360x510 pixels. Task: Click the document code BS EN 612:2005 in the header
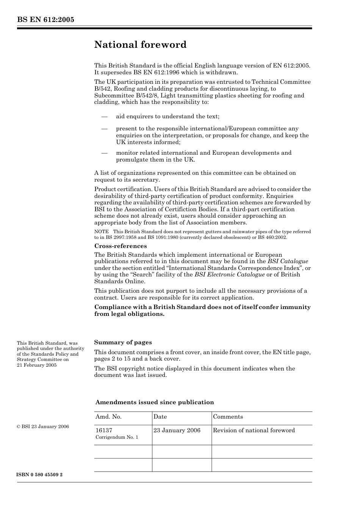click(45, 20)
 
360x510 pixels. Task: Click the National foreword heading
click(140, 45)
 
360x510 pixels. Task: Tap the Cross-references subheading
click(121, 246)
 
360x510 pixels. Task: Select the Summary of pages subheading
click(123, 342)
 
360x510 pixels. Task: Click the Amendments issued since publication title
click(154, 402)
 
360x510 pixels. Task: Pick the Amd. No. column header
click(108, 417)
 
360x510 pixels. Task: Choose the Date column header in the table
click(160, 417)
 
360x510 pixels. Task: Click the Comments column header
click(228, 417)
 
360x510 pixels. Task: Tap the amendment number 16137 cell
click(104, 430)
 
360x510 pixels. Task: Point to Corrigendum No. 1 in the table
click(117, 437)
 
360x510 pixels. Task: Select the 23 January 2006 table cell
click(177, 430)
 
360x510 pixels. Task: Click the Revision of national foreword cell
click(254, 430)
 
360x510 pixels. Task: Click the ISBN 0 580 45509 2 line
click(40, 475)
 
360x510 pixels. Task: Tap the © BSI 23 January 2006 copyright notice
click(43, 427)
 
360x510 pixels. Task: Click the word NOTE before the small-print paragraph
click(101, 232)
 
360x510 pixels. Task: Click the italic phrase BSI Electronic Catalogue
click(229, 275)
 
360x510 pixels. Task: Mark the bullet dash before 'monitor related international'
click(104, 153)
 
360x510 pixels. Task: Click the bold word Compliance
click(112, 307)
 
